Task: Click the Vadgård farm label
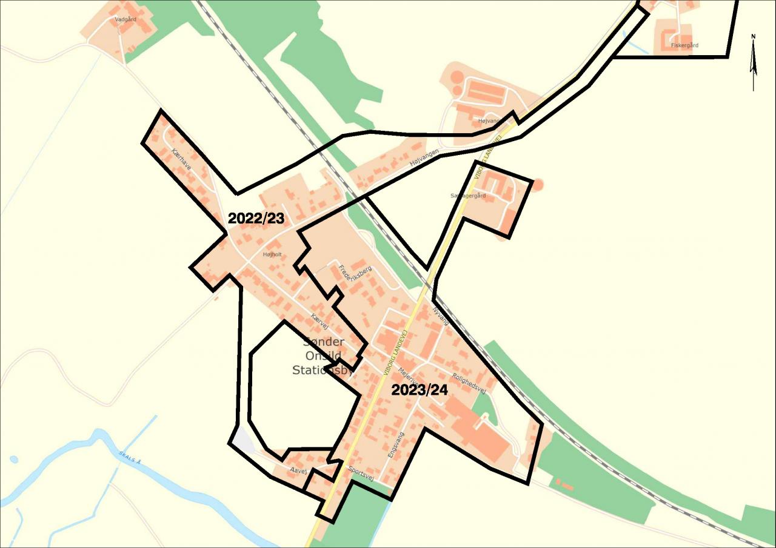click(125, 19)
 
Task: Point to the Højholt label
click(272, 254)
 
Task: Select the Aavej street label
click(299, 470)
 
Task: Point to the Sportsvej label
click(361, 474)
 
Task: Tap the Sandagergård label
click(468, 196)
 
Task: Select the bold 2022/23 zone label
click(256, 219)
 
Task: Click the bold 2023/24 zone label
click(420, 391)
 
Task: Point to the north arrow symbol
click(754, 61)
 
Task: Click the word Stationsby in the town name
click(323, 370)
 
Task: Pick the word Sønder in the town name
click(323, 342)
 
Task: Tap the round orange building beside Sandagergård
click(537, 184)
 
